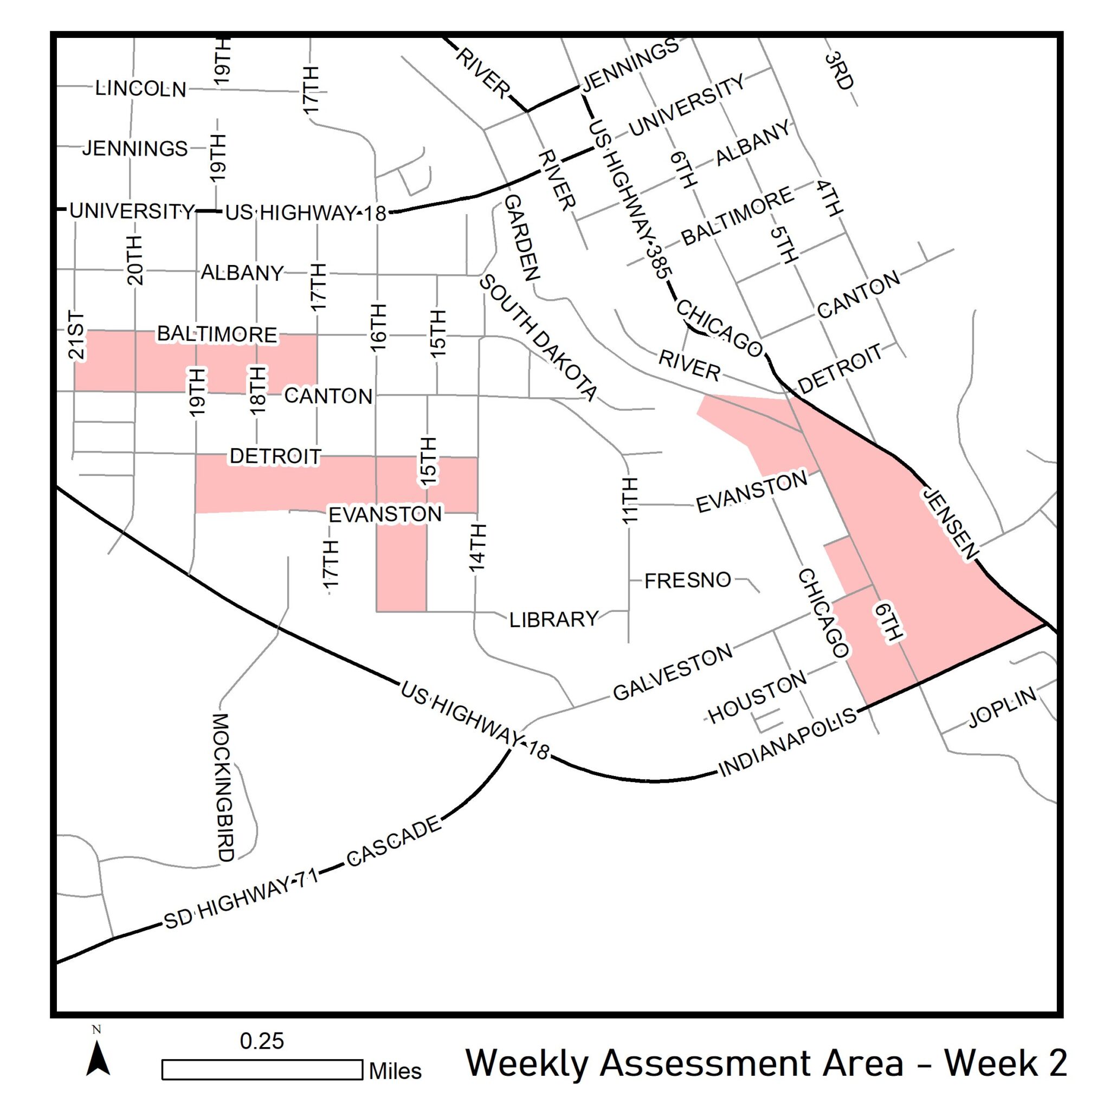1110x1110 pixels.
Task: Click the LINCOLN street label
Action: tap(141, 88)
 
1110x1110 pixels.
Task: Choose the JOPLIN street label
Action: tap(1003, 707)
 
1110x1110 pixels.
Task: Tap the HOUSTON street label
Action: tap(757, 698)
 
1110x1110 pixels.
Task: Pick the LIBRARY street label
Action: tap(553, 619)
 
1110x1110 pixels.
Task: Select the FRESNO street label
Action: tap(688, 581)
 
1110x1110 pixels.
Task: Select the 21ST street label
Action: tap(76, 335)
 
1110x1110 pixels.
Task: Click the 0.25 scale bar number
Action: tap(262, 1041)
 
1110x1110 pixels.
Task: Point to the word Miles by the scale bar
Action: tap(395, 1071)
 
